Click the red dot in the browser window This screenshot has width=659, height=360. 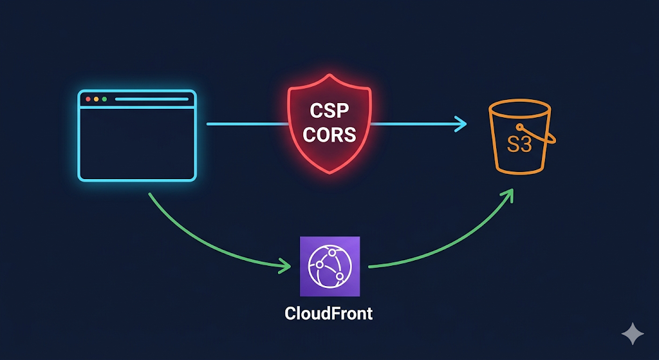(x=88, y=99)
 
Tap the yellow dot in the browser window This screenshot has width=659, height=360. (x=97, y=99)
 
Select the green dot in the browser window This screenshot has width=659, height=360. (x=104, y=99)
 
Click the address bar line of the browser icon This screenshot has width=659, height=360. (x=152, y=99)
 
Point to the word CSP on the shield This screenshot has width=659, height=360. (x=329, y=111)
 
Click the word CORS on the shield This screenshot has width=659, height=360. (x=329, y=135)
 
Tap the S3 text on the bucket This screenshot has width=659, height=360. (x=519, y=144)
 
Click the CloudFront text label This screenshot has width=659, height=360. (x=329, y=314)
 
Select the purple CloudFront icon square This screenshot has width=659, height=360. (x=330, y=266)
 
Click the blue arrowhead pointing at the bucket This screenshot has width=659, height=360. (x=461, y=124)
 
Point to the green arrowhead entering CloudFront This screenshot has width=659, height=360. (x=285, y=267)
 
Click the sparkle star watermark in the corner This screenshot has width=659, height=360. (x=633, y=334)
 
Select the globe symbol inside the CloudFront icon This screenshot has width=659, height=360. (x=330, y=266)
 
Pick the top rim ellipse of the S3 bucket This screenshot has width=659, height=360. (x=519, y=100)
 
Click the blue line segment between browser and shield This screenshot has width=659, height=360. (x=247, y=124)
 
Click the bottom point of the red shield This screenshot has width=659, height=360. (x=329, y=173)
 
